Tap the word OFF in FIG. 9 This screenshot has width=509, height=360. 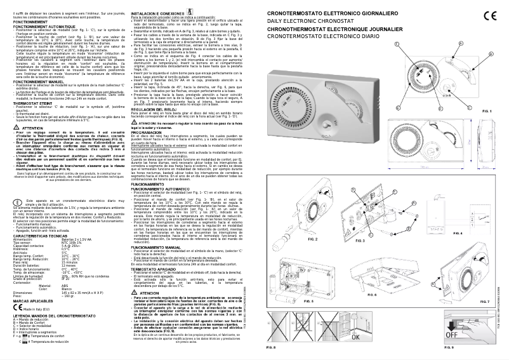(x=482, y=328)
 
